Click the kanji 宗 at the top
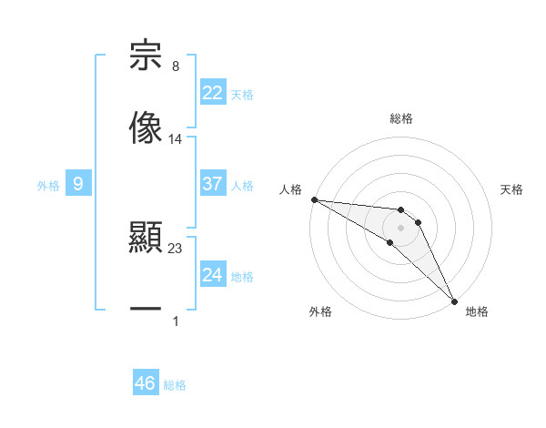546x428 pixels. (146, 56)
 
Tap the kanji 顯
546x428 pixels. (146, 239)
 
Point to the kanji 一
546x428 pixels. (146, 310)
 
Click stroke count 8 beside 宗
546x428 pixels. (175, 66)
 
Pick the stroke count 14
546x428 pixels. (176, 139)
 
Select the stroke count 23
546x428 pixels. (176, 249)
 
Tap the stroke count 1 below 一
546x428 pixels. (175, 321)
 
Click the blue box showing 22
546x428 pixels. (213, 93)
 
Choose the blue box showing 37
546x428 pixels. (213, 184)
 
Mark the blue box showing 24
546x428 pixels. (213, 275)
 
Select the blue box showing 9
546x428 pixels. (78, 184)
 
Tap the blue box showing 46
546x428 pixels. (146, 383)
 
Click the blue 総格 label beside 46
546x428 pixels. (175, 385)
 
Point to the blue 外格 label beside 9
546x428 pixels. (48, 186)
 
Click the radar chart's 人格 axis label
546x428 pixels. (290, 189)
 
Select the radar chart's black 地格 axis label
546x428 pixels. (477, 311)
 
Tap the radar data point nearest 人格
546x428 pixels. (314, 199)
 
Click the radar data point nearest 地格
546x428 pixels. (454, 301)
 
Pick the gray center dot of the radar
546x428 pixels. (400, 227)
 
